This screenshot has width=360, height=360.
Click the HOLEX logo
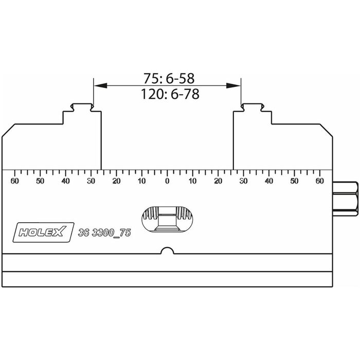(x=43, y=232)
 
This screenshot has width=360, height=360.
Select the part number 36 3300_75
(x=104, y=233)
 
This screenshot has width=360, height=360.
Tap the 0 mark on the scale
(x=167, y=181)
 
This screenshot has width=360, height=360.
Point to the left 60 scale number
(x=15, y=181)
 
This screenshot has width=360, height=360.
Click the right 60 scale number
(x=319, y=181)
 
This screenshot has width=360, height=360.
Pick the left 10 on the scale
(x=142, y=181)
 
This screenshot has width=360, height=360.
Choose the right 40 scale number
(x=269, y=181)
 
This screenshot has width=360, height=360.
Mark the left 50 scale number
(x=40, y=181)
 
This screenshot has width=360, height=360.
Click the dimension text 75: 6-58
(x=169, y=78)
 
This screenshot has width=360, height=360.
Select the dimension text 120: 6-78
(x=170, y=94)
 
